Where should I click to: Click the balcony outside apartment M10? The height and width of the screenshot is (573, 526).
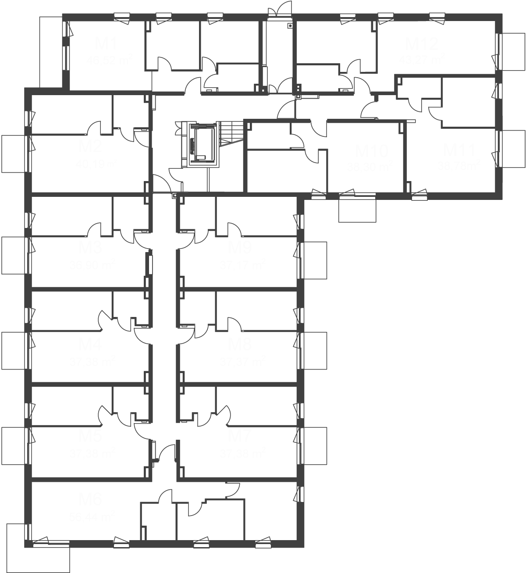click(357, 210)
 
